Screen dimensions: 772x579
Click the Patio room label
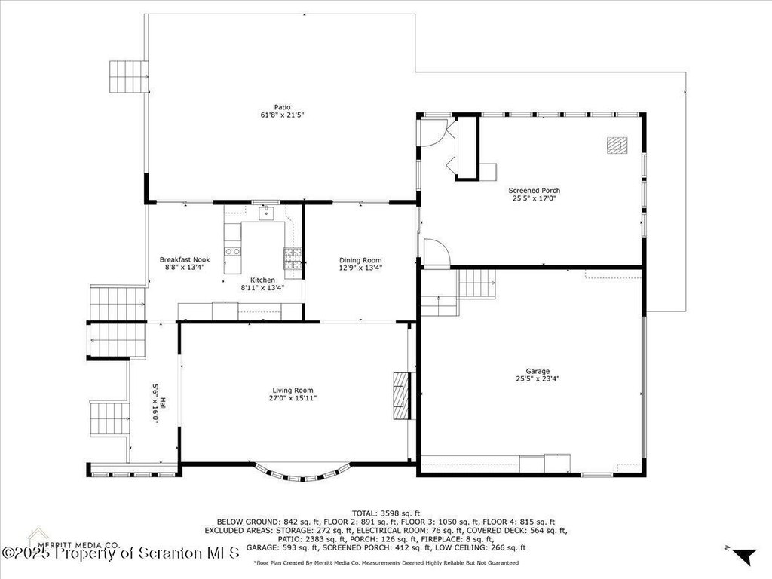(283, 107)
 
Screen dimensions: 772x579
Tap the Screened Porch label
(535, 191)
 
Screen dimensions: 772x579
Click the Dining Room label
(360, 260)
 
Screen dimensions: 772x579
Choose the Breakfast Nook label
(185, 259)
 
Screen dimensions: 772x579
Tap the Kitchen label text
(262, 280)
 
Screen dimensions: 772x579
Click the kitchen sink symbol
(266, 213)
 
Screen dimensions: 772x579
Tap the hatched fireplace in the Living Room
(401, 395)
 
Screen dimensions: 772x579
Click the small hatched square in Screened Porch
(617, 146)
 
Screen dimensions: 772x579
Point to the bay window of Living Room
(305, 472)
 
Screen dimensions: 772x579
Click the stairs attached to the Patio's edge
(128, 76)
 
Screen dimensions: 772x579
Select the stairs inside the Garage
(477, 283)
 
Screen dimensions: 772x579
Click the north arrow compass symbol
(743, 556)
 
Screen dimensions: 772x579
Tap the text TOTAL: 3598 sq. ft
(386, 513)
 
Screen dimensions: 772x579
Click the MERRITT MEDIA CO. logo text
(78, 545)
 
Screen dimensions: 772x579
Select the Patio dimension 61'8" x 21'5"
(283, 115)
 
